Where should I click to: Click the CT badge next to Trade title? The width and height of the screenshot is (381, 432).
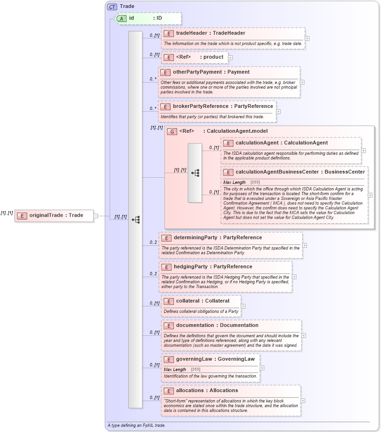click(x=112, y=7)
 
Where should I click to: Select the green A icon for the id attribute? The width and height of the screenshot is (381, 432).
click(x=121, y=18)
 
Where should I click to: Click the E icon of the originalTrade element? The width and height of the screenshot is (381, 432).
click(x=22, y=216)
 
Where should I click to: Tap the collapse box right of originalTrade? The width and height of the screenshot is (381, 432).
click(x=96, y=216)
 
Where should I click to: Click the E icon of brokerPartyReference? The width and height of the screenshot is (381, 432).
click(x=165, y=106)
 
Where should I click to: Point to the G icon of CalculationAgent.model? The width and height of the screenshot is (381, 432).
click(x=172, y=131)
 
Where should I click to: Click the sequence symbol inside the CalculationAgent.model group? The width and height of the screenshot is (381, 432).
click(x=195, y=173)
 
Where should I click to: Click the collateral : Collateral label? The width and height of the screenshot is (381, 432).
click(x=202, y=301)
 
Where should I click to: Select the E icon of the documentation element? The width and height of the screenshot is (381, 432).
click(x=168, y=326)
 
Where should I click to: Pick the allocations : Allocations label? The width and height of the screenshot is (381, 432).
click(x=207, y=391)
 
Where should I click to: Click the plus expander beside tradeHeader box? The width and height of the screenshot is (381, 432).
click(x=307, y=38)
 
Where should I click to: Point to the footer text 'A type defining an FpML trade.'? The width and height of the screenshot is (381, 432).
click(x=136, y=425)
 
